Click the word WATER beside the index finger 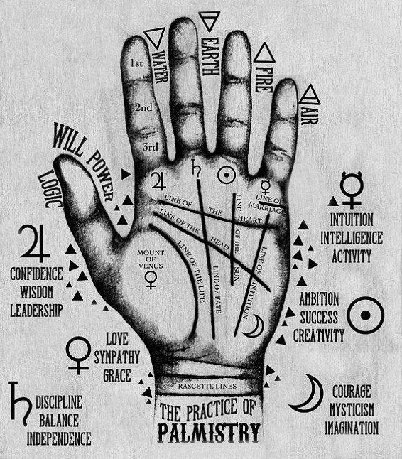[161, 67]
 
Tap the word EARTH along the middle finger [210, 57]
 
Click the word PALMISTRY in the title [209, 433]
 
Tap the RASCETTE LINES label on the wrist [207, 386]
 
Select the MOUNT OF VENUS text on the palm [151, 259]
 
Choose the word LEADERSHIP [36, 310]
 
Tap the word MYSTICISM [352, 409]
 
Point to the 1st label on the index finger [136, 63]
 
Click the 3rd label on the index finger [151, 146]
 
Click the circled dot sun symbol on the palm [227, 175]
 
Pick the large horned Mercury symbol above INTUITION [352, 190]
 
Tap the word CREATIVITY [319, 336]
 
